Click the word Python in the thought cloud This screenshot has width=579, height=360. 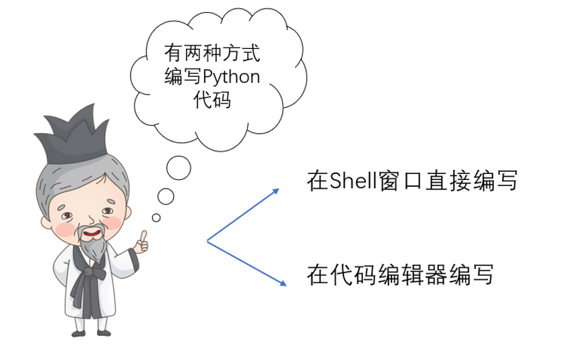[232, 77]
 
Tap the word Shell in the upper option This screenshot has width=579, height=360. [353, 181]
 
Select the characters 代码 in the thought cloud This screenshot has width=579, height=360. [212, 99]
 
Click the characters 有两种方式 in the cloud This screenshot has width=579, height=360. [212, 53]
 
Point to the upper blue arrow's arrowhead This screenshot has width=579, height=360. [275, 191]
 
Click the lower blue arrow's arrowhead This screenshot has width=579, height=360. [283, 283]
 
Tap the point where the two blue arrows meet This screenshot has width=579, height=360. [207, 241]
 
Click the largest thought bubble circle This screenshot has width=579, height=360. [179, 168]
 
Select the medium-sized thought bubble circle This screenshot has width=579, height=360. [166, 197]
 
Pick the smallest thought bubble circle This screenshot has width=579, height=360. [156, 218]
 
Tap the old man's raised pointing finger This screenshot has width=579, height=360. [143, 236]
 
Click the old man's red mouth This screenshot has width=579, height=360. [92, 233]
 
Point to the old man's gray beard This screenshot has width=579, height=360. [93, 246]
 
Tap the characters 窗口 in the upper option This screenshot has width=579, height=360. [401, 181]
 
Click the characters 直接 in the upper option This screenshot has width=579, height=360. [448, 181]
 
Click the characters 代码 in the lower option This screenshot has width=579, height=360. [353, 275]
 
